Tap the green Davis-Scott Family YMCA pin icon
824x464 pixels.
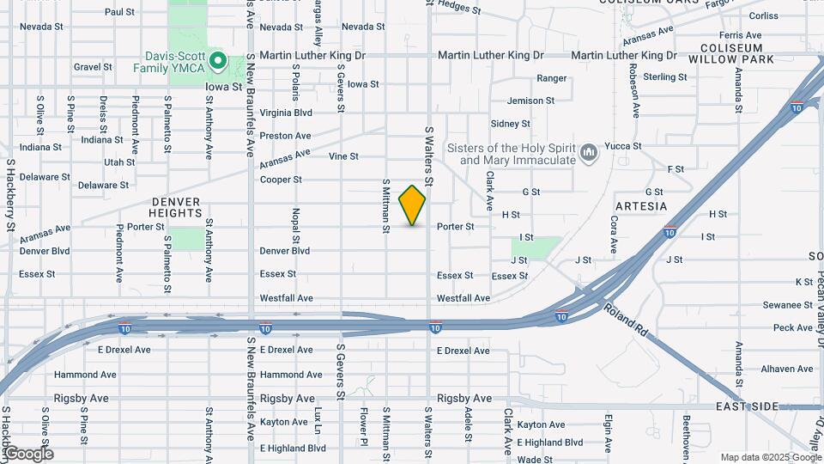[x=218, y=61]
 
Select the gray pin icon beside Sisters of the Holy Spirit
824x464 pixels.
[x=589, y=153]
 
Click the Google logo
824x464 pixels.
[x=28, y=454]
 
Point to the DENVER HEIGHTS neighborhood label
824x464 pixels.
[x=174, y=207]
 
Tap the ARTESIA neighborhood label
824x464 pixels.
[x=641, y=206]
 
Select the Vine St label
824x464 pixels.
[x=343, y=156]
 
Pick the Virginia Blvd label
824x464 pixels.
[x=286, y=113]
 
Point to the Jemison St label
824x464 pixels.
[x=530, y=101]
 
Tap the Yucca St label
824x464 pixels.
[x=623, y=146]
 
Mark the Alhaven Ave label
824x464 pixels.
[x=786, y=369]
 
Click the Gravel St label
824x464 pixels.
[x=93, y=66]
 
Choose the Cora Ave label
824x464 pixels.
[x=614, y=234]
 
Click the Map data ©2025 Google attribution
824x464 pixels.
[x=770, y=457]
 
